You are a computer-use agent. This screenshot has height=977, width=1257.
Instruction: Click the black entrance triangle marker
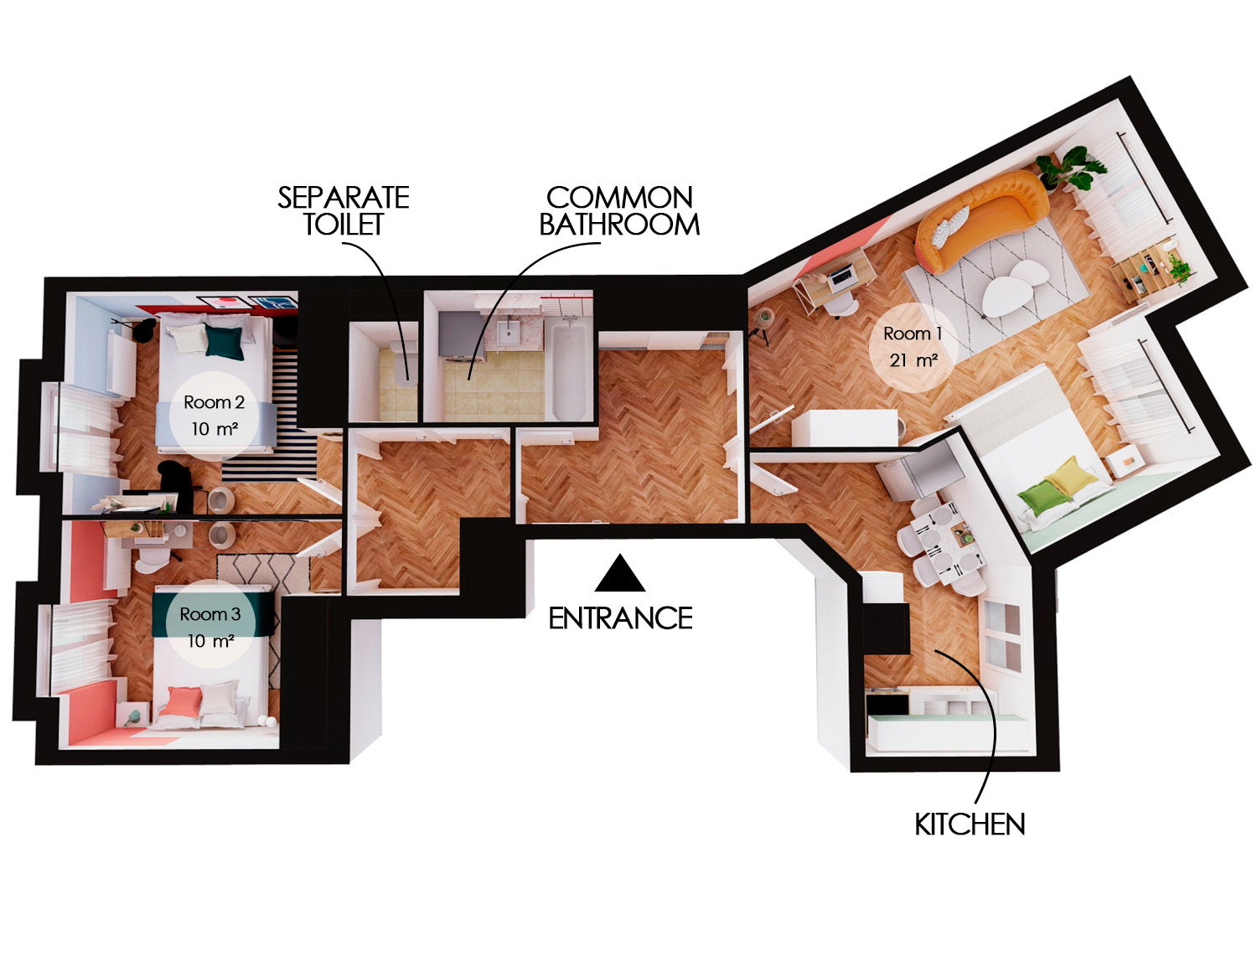(620, 576)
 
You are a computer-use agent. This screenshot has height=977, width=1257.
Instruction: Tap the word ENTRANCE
(620, 618)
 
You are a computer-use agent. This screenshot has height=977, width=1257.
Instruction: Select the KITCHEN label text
(970, 825)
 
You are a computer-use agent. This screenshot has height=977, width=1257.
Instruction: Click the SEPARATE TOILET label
(343, 210)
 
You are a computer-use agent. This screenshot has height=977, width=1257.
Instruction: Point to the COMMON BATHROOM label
(619, 210)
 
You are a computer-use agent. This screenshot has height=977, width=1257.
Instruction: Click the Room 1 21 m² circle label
(913, 347)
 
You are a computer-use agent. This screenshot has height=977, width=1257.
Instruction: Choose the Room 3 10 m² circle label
(210, 627)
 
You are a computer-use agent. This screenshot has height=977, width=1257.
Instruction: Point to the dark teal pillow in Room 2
(225, 341)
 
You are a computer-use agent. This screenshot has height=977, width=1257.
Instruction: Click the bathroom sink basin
(508, 334)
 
